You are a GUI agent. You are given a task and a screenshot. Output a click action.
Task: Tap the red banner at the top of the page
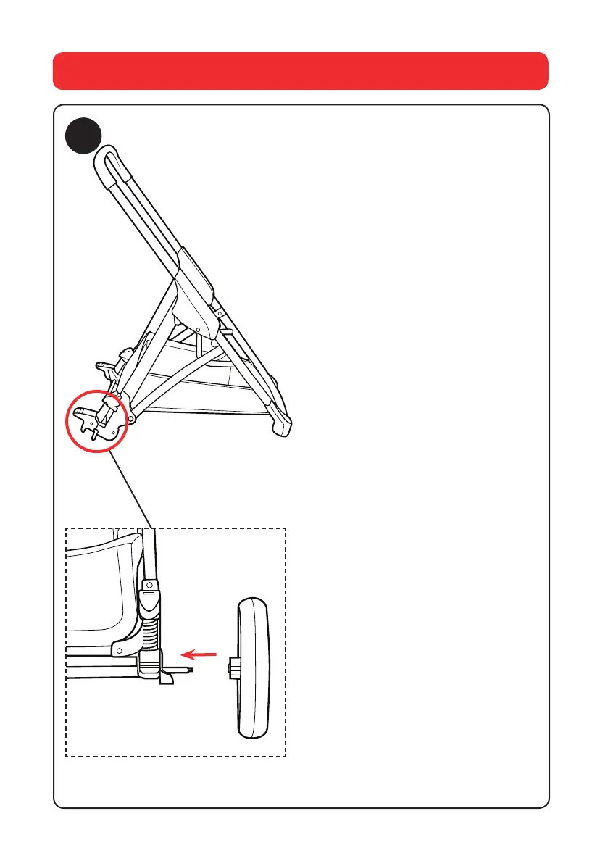point(300,70)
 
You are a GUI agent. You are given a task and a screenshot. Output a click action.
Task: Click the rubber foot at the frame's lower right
point(282,428)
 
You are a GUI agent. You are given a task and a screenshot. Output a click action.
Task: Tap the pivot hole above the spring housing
point(151,583)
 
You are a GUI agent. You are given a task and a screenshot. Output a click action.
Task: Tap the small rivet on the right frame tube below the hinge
point(220,314)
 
